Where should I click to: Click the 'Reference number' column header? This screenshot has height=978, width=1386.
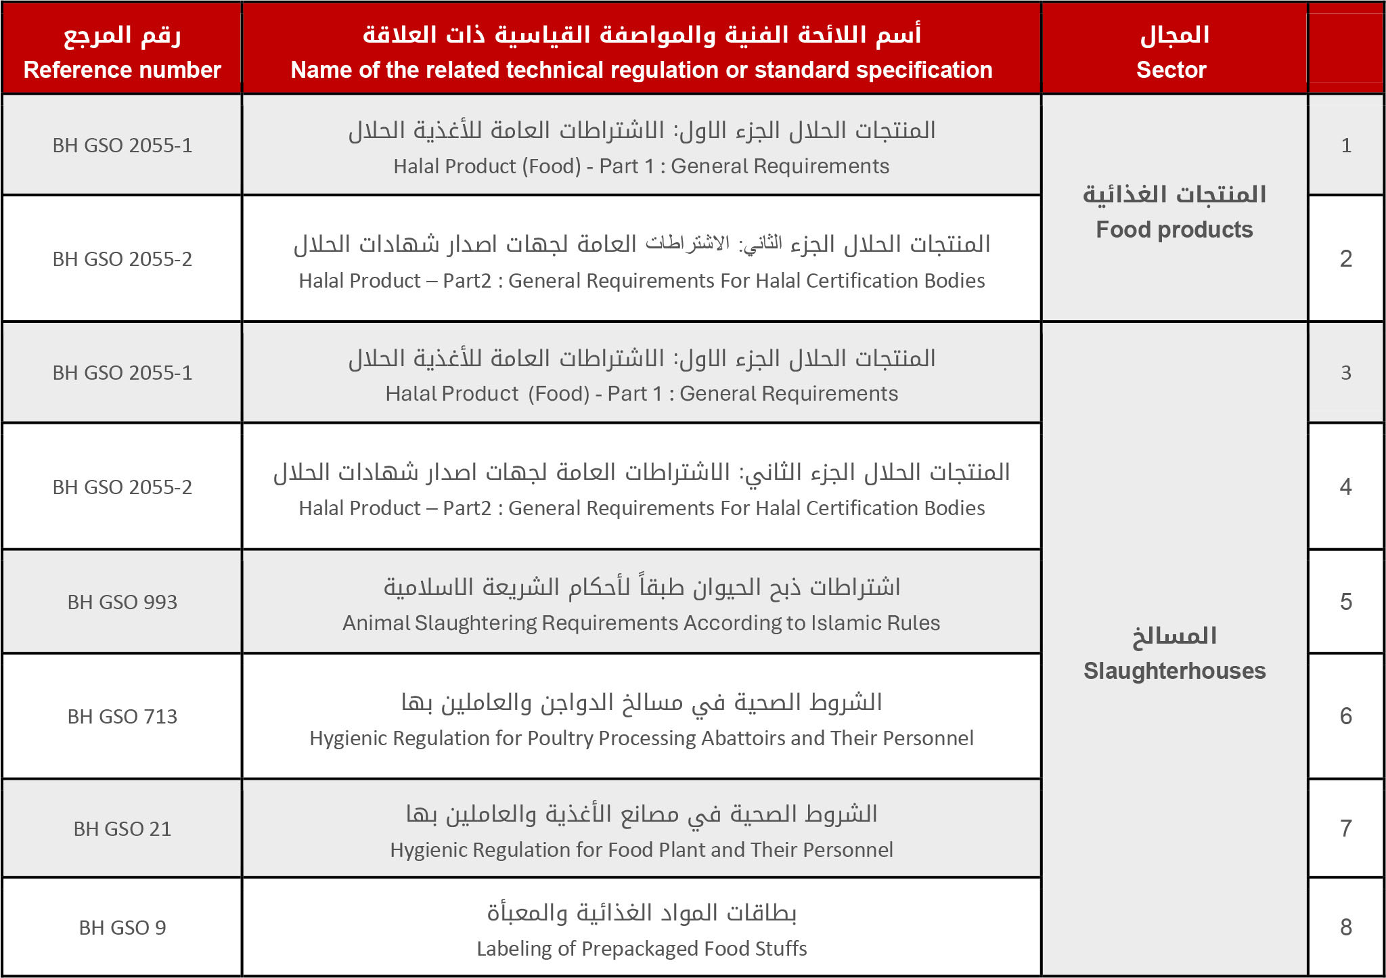[122, 70]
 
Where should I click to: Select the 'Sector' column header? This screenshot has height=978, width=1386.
[1171, 70]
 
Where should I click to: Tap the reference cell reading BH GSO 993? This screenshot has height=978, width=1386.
[122, 602]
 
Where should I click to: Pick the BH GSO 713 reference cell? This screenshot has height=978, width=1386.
[122, 716]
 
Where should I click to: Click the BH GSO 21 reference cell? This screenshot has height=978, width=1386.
[122, 828]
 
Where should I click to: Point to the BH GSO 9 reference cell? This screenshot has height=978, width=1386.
[122, 927]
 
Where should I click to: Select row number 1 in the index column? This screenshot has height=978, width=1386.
[1345, 146]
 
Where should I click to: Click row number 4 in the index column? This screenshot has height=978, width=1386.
[1345, 487]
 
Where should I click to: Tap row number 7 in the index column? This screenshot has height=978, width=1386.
[1345, 828]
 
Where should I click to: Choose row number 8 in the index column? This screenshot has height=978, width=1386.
[1345, 927]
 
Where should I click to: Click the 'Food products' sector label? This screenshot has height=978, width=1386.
[1174, 229]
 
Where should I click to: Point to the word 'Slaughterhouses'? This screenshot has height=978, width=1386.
[1174, 671]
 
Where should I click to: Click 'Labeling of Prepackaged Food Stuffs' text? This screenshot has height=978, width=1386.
[642, 949]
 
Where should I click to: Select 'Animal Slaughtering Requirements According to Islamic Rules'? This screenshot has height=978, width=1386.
[641, 623]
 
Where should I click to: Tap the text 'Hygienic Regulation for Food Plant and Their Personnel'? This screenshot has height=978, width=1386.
[641, 850]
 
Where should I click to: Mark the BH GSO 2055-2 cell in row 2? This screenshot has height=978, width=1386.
[122, 259]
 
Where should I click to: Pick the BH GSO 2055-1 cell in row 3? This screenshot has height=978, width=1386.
[122, 373]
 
